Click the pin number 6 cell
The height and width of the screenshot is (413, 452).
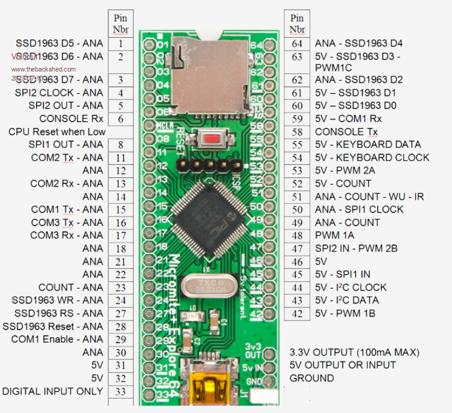[x=121, y=118]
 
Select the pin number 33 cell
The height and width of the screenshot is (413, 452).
[x=121, y=391]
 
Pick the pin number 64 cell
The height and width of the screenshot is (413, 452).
[x=297, y=43]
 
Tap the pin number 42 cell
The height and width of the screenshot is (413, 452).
[x=297, y=313]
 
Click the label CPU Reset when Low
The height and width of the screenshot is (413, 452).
[x=57, y=132]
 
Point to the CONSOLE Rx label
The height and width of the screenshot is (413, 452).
[x=71, y=118]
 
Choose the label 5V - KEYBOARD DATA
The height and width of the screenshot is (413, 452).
[x=369, y=144]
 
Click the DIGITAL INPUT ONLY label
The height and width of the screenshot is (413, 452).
[x=53, y=391]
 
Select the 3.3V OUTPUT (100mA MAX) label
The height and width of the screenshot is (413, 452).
[x=355, y=352]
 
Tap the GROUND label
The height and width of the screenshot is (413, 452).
[x=311, y=378]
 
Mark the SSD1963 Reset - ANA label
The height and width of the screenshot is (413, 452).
[x=53, y=326]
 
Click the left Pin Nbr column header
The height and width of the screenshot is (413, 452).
[x=121, y=23]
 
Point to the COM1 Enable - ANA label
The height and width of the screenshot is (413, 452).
[x=57, y=339]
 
